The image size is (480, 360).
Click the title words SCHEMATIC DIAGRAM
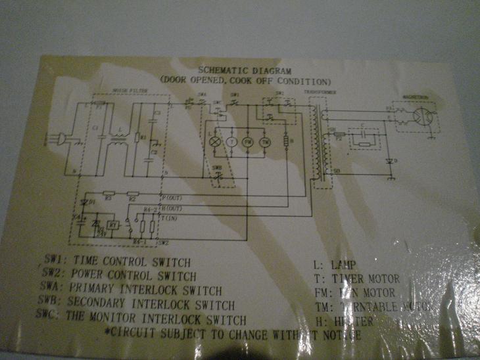coord(245,70)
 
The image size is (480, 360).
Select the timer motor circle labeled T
coord(231,141)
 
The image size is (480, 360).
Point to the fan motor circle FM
coord(249,141)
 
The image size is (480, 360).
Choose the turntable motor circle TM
coord(266,141)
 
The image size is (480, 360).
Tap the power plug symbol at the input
coord(64,139)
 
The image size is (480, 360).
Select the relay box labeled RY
coord(113,225)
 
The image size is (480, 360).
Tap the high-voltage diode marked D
coord(391,160)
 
